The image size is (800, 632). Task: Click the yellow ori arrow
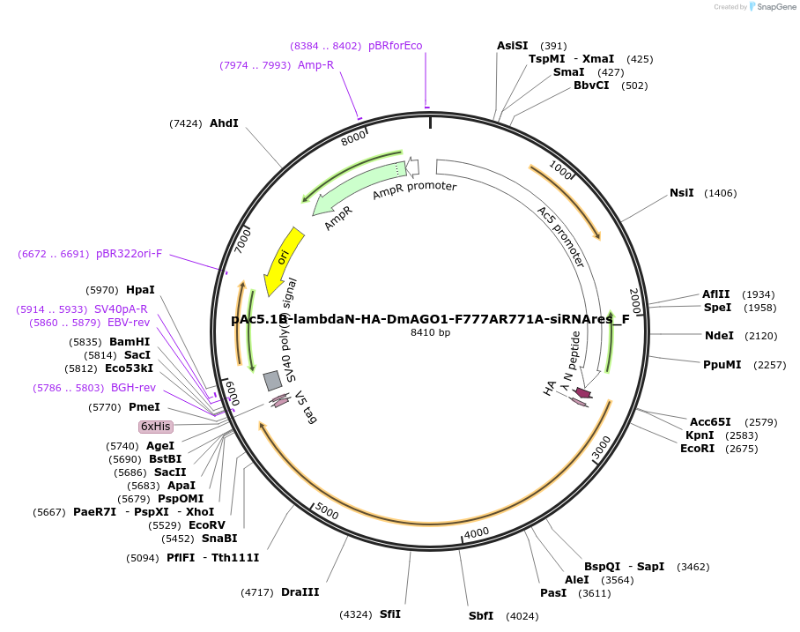[x=284, y=259]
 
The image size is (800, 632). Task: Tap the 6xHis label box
[x=156, y=427]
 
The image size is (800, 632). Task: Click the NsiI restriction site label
[x=682, y=193]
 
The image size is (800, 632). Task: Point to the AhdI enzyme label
[x=224, y=123]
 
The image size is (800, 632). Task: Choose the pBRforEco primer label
[x=396, y=46]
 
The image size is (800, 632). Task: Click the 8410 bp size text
[x=430, y=333]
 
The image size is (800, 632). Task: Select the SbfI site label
[x=481, y=616]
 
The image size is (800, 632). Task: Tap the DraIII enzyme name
[x=300, y=592]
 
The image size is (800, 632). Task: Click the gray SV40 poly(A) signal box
[x=273, y=380]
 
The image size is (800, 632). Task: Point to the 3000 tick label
[x=601, y=447]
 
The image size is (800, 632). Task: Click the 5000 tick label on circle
[x=326, y=512]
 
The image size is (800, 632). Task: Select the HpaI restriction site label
[x=140, y=290]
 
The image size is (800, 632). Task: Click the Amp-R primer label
[x=315, y=65]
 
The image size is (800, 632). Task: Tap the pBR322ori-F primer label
[x=129, y=254]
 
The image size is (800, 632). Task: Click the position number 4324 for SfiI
[x=357, y=614]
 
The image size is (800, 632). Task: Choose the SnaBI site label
[x=219, y=539]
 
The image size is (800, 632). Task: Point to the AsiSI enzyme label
[x=513, y=46]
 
